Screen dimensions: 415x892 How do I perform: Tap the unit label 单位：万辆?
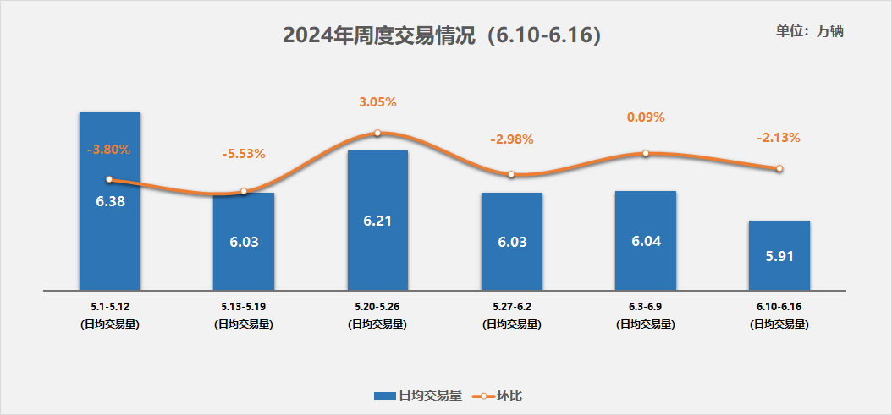tap(810, 30)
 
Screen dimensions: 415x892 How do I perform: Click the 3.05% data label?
tap(377, 102)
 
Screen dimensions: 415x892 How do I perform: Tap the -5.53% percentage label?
tap(244, 154)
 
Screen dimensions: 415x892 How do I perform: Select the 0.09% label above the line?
tap(646, 117)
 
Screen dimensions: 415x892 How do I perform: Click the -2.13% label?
tap(779, 137)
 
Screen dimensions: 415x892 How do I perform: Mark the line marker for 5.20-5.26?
tap(377, 133)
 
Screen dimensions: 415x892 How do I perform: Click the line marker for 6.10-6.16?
tap(779, 168)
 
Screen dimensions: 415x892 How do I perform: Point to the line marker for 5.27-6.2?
tap(511, 174)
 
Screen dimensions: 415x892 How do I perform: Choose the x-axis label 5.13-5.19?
tap(244, 306)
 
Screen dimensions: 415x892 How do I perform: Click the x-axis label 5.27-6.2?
tap(511, 306)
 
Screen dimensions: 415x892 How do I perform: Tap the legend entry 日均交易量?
tap(417, 395)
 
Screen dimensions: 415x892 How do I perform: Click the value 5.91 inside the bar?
tap(779, 255)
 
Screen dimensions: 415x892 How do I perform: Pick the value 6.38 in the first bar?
tap(110, 201)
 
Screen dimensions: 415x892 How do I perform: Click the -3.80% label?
tap(109, 150)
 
